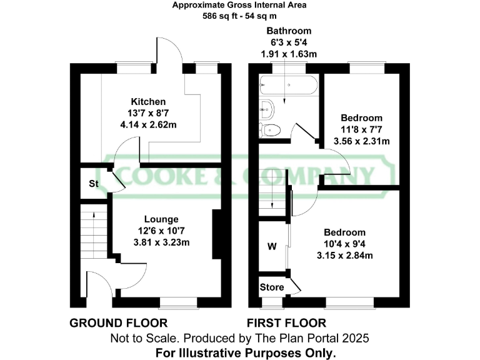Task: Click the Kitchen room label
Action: click(148, 102)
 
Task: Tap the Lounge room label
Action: click(161, 219)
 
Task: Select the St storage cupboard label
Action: click(94, 184)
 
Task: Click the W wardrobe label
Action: click(272, 246)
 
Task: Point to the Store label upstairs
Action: click(271, 287)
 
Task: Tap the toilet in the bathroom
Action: click(270, 130)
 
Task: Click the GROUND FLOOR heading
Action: click(118, 323)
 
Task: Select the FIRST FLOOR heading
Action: click(286, 323)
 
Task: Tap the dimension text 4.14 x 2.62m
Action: click(148, 125)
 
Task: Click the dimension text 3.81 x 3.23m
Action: click(161, 242)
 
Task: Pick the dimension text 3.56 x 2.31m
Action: click(361, 141)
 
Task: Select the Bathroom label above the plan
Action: click(288, 31)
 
